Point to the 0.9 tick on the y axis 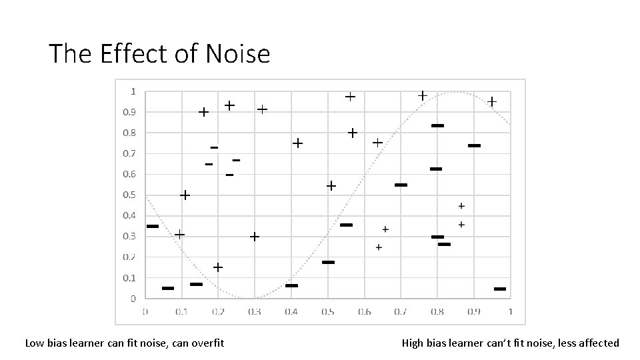[129, 112]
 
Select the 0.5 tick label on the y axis [129, 195]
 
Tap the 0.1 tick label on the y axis [129, 277]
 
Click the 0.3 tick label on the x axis [255, 311]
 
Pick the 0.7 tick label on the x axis [400, 311]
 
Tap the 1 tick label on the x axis [510, 311]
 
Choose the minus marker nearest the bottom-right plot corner [500, 289]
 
